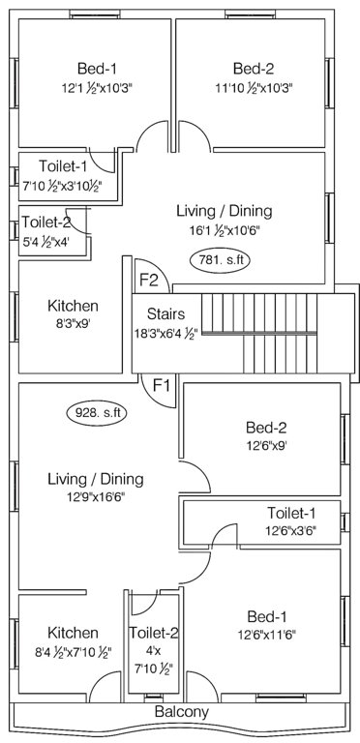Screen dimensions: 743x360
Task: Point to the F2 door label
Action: pos(150,281)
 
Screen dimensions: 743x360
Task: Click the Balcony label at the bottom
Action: pos(181,712)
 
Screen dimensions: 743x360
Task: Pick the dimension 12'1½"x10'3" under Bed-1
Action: pos(97,88)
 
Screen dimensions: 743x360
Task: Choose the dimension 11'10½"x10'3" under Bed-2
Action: pos(254,88)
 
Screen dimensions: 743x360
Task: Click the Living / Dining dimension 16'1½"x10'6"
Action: pos(224,230)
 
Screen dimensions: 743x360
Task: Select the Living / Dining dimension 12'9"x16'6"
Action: pos(96,499)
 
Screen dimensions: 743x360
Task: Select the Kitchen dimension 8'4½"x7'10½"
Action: pos(73,653)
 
